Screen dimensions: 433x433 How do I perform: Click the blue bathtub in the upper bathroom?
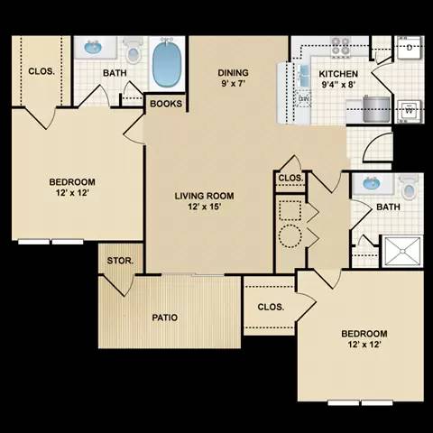[167, 62]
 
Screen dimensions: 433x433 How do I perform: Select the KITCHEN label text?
[339, 80]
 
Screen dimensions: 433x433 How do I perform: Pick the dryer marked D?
[410, 47]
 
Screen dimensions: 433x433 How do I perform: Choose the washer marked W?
[411, 111]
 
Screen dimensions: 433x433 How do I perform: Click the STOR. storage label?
[121, 261]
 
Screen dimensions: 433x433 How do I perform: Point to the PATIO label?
[164, 318]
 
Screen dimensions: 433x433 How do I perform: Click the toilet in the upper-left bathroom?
[134, 52]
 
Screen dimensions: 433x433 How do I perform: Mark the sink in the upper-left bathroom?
[93, 47]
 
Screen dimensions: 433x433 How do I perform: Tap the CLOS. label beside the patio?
[271, 307]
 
